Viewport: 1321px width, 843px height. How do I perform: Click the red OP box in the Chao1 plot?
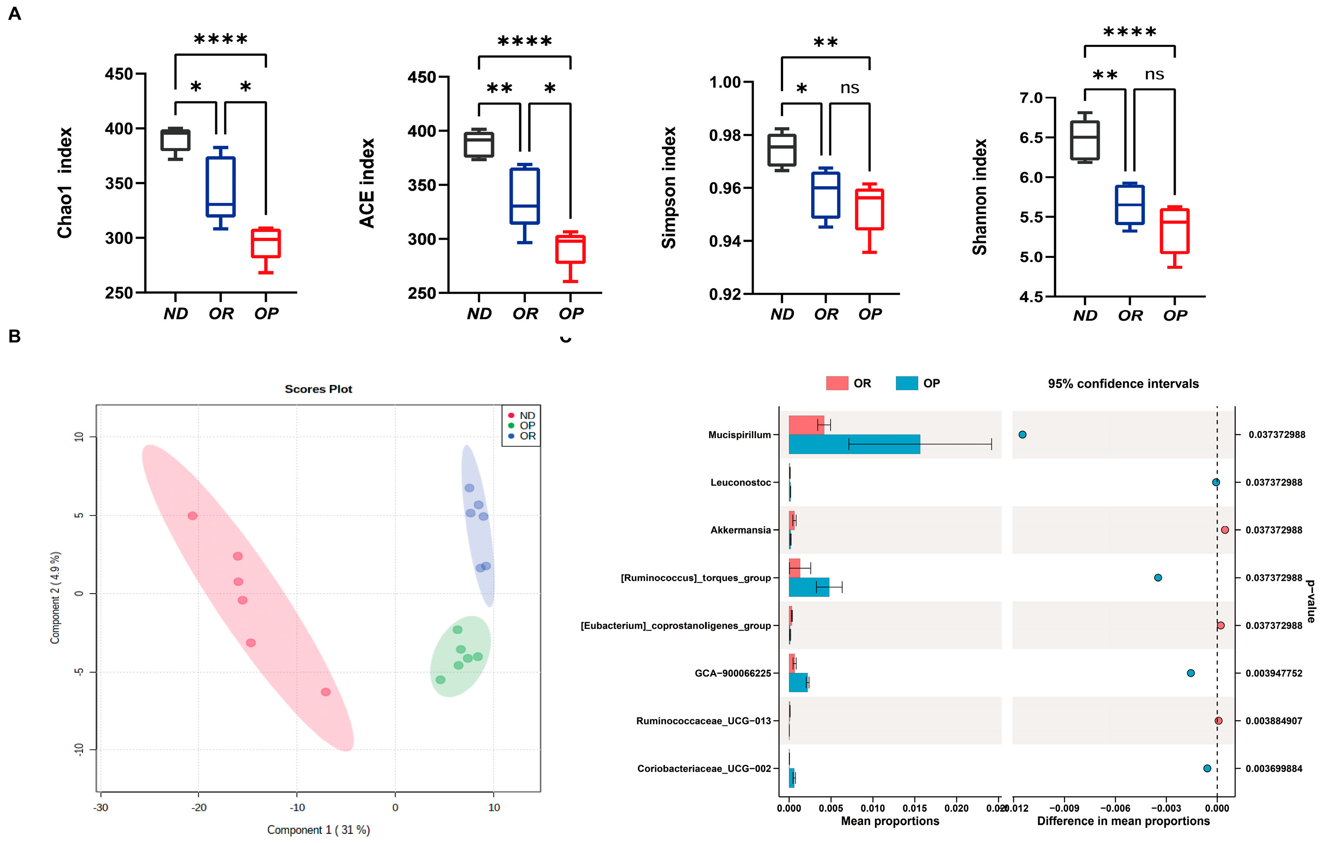pyautogui.click(x=266, y=243)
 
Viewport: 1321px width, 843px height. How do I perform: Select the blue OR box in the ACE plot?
pyautogui.click(x=525, y=196)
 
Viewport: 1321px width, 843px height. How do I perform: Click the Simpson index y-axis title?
pyautogui.click(x=669, y=188)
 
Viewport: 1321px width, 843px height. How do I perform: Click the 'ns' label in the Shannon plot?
pyautogui.click(x=1154, y=75)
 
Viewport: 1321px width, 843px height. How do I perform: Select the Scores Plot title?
pyautogui.click(x=318, y=389)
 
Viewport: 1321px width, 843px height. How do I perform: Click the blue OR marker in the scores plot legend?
pyautogui.click(x=511, y=436)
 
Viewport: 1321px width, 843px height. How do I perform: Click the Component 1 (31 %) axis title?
pyautogui.click(x=318, y=829)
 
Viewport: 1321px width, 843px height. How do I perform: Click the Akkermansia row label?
pyautogui.click(x=740, y=530)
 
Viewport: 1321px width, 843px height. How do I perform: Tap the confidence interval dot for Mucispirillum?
pyautogui.click(x=1022, y=435)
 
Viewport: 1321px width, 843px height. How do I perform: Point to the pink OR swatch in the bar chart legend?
pyautogui.click(x=837, y=383)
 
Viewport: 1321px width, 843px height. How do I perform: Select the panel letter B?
pyautogui.click(x=15, y=336)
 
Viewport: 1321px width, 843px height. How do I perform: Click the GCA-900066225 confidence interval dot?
pyautogui.click(x=1191, y=673)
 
